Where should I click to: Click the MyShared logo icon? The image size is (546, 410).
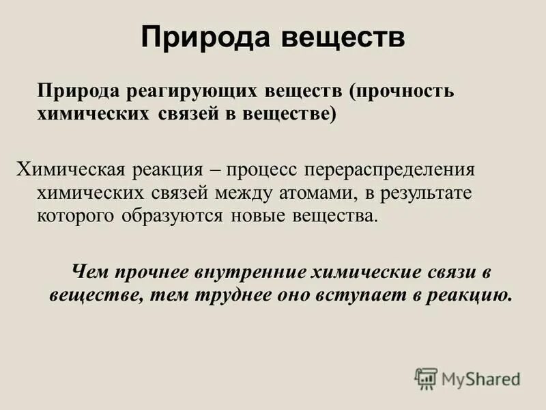click(426, 378)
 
